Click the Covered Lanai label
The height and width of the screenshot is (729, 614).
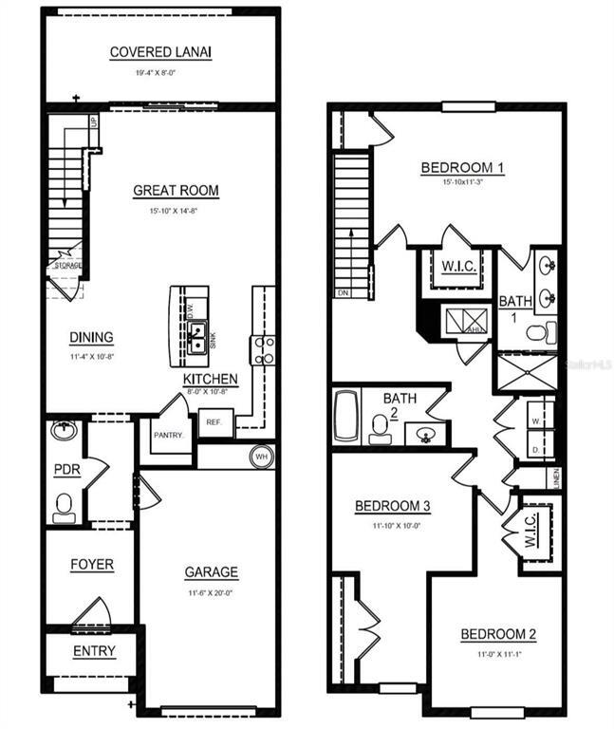(160, 52)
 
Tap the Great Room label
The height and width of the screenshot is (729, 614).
(176, 191)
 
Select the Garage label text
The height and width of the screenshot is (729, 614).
(211, 572)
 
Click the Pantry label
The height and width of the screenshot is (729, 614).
(168, 436)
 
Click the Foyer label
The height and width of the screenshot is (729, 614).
(92, 565)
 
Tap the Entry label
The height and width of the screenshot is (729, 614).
(94, 651)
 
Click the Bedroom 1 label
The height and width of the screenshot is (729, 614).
(462, 168)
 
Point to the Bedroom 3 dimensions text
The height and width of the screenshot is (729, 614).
(393, 523)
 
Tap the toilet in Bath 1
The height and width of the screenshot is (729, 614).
(540, 333)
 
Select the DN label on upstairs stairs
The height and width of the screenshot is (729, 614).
(343, 293)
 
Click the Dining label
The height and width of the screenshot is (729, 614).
(92, 337)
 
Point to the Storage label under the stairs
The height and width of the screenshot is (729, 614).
(67, 265)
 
